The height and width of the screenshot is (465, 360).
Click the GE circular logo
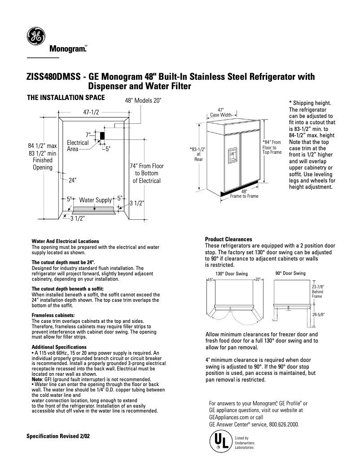pos(35,36)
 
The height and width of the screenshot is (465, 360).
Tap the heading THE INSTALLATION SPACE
pos(66,97)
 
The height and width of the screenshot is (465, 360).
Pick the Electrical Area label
pos(77,146)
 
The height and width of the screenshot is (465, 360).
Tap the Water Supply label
pos(95,200)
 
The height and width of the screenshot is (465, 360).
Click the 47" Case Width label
pos(220,112)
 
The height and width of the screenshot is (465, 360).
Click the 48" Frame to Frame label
pos(244,194)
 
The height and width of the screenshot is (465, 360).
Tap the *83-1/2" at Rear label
pos(198,154)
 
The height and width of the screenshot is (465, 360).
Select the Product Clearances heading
pos(228,239)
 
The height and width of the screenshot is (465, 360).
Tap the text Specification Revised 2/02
pos(58,436)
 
